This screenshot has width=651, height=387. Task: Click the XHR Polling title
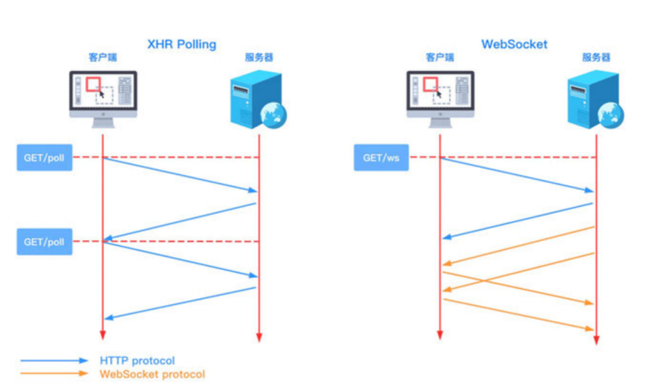coord(182,44)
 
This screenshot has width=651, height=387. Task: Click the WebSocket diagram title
coord(514,44)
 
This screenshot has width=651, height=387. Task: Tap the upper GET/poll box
coord(45,158)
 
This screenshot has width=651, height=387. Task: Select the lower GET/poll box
coord(45,241)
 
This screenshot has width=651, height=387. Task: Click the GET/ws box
coord(381,158)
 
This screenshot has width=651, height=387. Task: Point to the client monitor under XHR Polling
coord(103,99)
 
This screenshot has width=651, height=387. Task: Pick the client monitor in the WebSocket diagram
coord(440,99)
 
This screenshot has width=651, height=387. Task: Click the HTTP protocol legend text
coord(137,360)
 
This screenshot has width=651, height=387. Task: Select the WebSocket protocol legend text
coord(153,374)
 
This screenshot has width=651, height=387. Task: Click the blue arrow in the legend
coord(54,360)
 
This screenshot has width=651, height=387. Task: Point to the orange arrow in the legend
coord(54,373)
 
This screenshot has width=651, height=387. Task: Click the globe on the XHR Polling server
coord(273,115)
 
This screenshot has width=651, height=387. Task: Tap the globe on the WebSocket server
coord(610,115)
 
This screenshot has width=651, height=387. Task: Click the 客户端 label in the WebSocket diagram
coord(439,57)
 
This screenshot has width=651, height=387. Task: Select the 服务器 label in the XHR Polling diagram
coord(259,57)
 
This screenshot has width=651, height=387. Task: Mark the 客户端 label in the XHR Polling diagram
coord(102,57)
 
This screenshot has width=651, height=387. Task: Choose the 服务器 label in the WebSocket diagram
coord(596,57)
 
